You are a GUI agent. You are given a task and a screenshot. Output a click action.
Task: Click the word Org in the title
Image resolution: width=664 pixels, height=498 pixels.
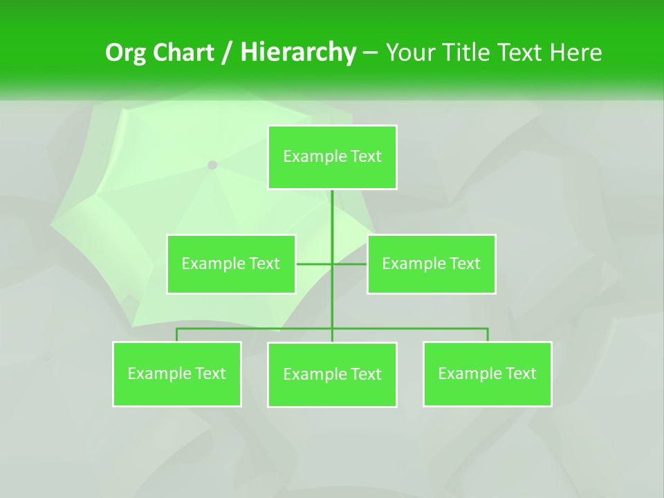tap(125, 53)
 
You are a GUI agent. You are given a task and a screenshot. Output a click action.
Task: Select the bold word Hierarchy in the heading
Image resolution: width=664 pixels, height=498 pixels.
tap(298, 53)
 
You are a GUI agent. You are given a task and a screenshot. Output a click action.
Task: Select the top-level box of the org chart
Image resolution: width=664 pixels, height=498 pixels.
tap(332, 157)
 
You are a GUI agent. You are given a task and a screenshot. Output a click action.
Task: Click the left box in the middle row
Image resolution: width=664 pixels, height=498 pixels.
tap(230, 264)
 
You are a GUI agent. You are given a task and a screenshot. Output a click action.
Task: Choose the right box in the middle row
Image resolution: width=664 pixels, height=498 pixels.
tap(431, 264)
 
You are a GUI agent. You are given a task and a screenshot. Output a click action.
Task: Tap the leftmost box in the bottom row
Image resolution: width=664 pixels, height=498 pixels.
tap(176, 373)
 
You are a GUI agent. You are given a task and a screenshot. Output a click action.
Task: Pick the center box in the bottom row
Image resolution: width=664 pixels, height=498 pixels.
tap(332, 374)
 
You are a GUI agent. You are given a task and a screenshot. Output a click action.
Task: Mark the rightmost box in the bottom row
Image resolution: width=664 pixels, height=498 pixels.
tap(487, 373)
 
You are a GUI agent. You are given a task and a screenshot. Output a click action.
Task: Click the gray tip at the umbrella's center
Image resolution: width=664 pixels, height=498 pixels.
tap(212, 165)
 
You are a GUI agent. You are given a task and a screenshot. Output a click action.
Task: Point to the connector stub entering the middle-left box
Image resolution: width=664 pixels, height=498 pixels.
tap(308, 264)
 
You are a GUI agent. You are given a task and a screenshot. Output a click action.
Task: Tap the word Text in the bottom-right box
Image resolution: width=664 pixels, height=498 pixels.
tap(520, 373)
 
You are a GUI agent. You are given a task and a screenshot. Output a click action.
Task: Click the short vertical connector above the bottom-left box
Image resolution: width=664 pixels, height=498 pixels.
tap(176, 335)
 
